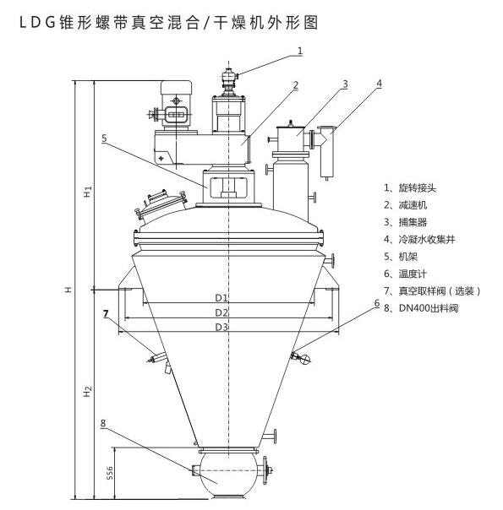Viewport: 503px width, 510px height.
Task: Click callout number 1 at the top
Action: [300, 51]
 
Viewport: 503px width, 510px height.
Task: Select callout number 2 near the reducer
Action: [295, 85]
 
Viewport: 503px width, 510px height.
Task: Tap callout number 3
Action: [345, 84]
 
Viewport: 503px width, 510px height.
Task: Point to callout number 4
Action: [379, 84]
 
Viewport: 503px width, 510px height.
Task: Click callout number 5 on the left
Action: [104, 138]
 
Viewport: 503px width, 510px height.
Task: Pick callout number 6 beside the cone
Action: [377, 303]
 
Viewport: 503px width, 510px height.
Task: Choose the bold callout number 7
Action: [106, 314]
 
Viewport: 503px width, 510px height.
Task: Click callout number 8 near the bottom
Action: [103, 423]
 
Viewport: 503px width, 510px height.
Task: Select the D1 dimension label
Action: [221, 297]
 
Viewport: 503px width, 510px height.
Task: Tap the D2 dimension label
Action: [221, 312]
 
